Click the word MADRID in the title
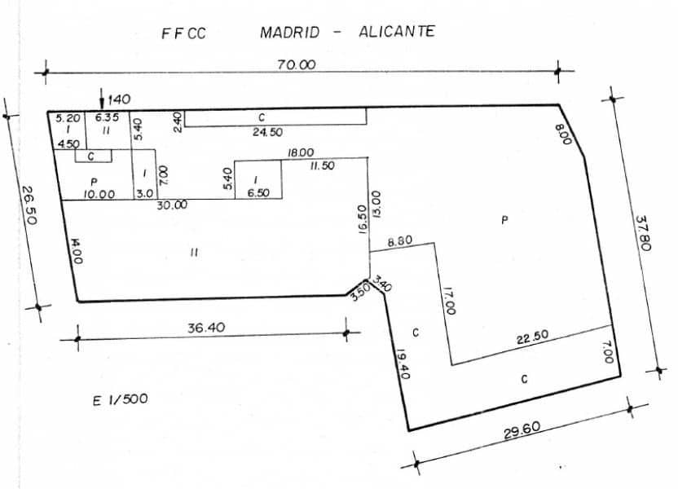pos(289,33)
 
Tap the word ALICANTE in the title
pos(396,32)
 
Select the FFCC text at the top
pos(184,34)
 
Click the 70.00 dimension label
pos(297,64)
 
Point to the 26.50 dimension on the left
pos(29,207)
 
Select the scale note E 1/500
pos(121,399)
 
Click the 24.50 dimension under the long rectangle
pos(267,132)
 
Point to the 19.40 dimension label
pos(403,364)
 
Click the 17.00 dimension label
pos(448,302)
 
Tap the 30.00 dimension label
pos(172,205)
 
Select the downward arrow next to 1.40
pos(101,99)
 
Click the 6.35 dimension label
pos(107,117)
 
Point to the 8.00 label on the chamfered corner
pos(561,133)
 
